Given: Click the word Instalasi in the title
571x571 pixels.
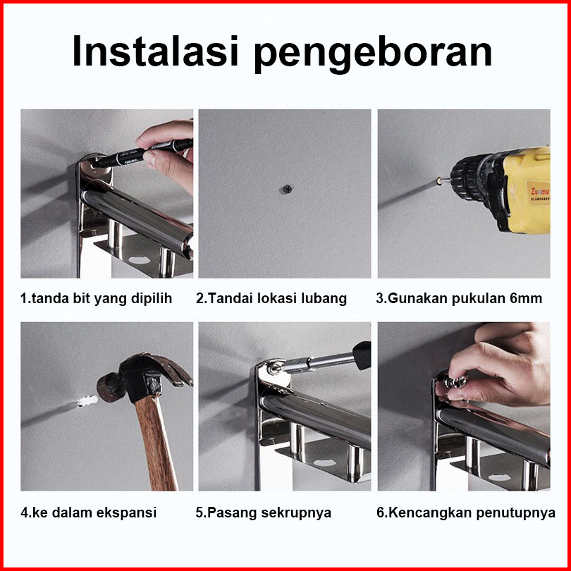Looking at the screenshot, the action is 156,51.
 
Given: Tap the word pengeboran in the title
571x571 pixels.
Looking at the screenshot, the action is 373,54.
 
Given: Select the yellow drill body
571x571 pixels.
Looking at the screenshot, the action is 527,190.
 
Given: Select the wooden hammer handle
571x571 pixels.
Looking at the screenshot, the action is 156,444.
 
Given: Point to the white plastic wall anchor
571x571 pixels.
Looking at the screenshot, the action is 87,401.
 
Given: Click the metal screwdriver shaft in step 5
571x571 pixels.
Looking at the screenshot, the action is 316,363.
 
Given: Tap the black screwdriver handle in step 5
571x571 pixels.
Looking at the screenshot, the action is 362,355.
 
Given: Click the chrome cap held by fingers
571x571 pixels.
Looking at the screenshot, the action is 455,382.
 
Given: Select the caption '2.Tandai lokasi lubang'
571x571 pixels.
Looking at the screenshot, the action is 271,299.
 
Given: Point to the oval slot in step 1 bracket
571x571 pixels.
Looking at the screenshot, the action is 139,260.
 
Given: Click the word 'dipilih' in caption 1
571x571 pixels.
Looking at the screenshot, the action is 152,299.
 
